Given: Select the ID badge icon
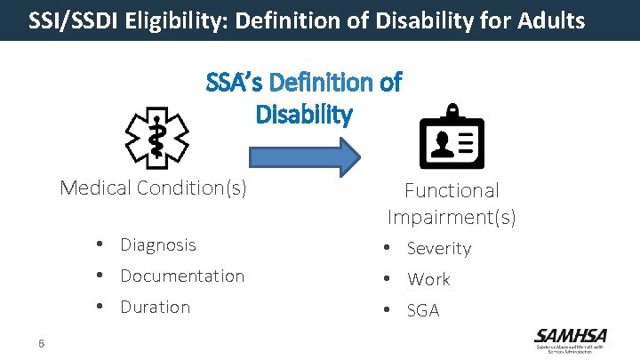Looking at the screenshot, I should pos(451,139).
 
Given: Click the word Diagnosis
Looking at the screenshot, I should pos(158,244).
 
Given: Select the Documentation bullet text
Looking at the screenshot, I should pos(182,276).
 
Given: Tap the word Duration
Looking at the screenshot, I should pos(156,307).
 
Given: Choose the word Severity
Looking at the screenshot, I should pos(439,249).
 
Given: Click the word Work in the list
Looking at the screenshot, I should pos(428,279).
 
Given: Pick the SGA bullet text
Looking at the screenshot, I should pos(423,310).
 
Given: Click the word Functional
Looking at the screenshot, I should pos(452,190).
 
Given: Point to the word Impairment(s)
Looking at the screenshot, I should pos(452,217).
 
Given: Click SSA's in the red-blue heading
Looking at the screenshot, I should pos(235,83).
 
